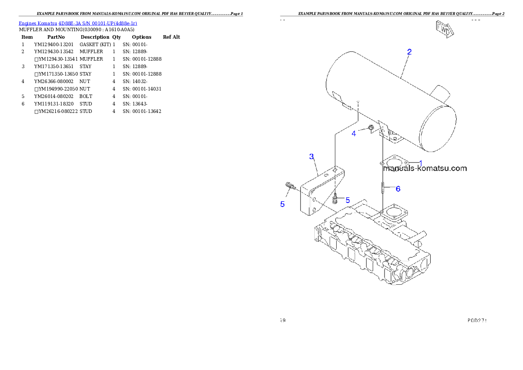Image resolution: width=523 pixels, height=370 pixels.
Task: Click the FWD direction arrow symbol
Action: point(444,29)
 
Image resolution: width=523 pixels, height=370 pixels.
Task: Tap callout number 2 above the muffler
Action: point(409,52)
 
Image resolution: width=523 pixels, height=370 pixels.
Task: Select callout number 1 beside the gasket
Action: point(420,163)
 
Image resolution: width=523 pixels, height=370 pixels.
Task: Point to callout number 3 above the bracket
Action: point(311,156)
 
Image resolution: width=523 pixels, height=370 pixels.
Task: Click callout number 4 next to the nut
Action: point(354,134)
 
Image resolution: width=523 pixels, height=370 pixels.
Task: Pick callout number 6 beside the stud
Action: point(398,189)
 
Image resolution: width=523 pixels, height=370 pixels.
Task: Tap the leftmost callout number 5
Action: point(283,204)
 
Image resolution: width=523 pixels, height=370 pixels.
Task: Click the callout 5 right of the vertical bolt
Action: point(347,200)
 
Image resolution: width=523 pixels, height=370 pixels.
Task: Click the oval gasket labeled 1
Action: point(394,163)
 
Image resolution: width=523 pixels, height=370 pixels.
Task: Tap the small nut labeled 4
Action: point(370,128)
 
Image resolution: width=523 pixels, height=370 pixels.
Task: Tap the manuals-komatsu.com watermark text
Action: point(425,168)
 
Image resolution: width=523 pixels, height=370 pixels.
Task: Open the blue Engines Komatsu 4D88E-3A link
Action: point(78,23)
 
